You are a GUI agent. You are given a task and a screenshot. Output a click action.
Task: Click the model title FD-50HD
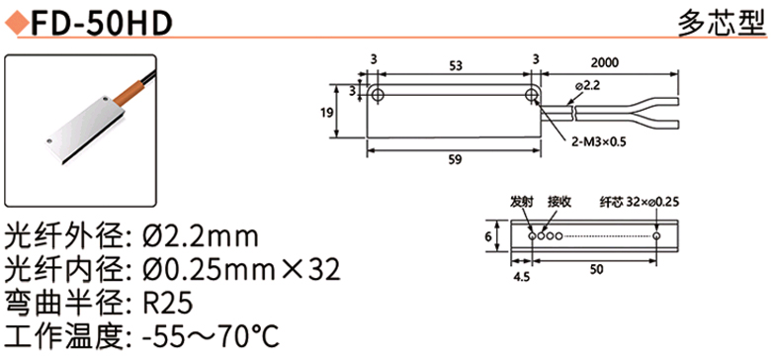101,23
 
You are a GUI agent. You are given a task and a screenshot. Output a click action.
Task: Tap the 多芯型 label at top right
723,23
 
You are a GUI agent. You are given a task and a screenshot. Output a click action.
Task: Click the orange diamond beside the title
16,23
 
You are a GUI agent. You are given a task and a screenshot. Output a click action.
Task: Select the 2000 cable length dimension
605,63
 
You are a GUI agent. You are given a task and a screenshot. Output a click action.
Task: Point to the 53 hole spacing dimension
456,66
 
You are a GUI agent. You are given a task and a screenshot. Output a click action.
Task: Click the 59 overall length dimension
456,160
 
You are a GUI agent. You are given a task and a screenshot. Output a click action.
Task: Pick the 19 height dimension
326,112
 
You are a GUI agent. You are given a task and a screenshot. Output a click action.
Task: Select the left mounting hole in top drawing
378,94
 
